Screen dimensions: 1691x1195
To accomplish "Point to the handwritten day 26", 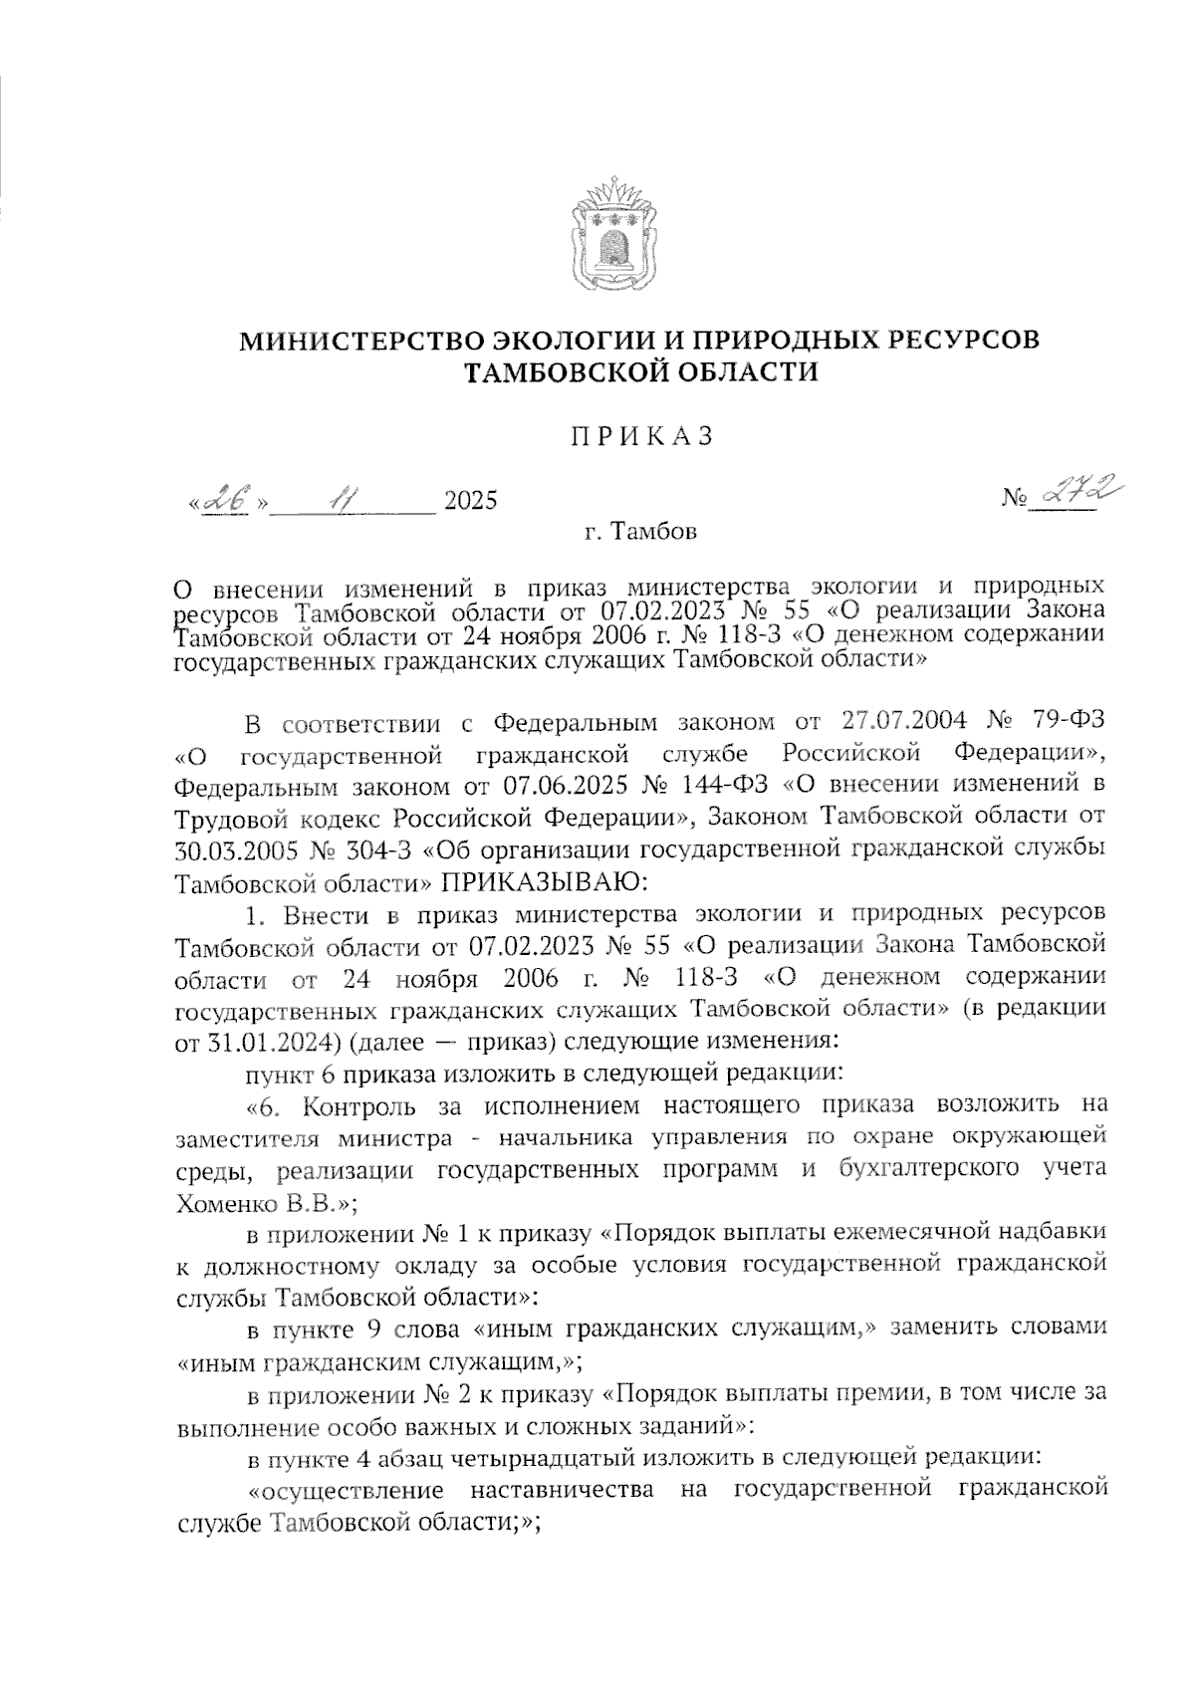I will [227, 499].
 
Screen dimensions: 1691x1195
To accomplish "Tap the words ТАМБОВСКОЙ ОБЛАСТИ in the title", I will [641, 372].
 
